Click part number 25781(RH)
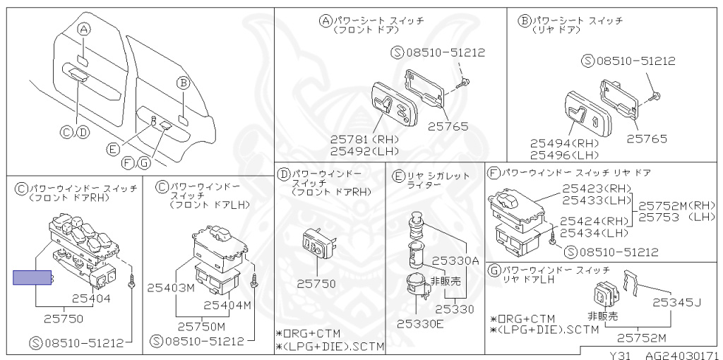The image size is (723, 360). pyautogui.click(x=364, y=139)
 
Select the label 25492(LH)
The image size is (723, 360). pyautogui.click(x=364, y=150)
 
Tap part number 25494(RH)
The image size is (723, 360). pyautogui.click(x=564, y=143)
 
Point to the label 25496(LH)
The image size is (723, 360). pyautogui.click(x=564, y=155)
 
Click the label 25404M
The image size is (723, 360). pyautogui.click(x=227, y=305)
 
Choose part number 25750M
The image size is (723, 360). pyautogui.click(x=201, y=326)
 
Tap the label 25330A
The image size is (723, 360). pyautogui.click(x=455, y=260)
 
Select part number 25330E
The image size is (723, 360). pyautogui.click(x=420, y=324)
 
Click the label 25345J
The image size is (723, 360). pyautogui.click(x=676, y=303)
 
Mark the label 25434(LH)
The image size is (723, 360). pyautogui.click(x=594, y=233)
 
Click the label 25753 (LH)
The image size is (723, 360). pyautogui.click(x=677, y=217)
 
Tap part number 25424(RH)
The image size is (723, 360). pyautogui.click(x=594, y=221)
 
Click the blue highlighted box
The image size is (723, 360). pyautogui.click(x=32, y=278)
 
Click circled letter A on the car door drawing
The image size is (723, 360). pyautogui.click(x=84, y=29)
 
